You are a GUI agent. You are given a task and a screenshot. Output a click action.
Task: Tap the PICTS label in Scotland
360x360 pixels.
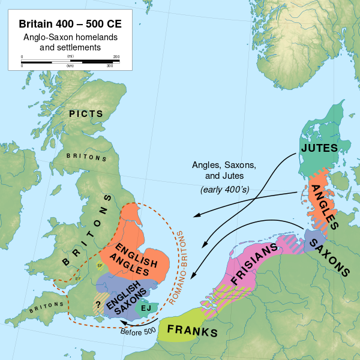coord(85,113)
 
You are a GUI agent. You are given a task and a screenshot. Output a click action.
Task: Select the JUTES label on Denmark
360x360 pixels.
coord(319,148)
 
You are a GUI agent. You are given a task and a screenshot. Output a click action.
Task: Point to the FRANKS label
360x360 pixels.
coord(192,330)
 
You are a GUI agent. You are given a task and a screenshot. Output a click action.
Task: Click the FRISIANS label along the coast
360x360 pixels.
coord(254,266)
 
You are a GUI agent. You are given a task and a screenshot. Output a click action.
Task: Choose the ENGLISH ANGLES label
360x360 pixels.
coord(136,257)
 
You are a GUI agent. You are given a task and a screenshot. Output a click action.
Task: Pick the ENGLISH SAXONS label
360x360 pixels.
coord(126,295)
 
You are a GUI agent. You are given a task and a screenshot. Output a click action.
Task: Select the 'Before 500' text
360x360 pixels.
coord(139,331)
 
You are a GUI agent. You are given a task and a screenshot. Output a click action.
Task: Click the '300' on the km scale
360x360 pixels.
coord(110,65)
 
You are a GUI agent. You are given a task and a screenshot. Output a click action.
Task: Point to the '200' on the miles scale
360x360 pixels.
coord(116,57)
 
